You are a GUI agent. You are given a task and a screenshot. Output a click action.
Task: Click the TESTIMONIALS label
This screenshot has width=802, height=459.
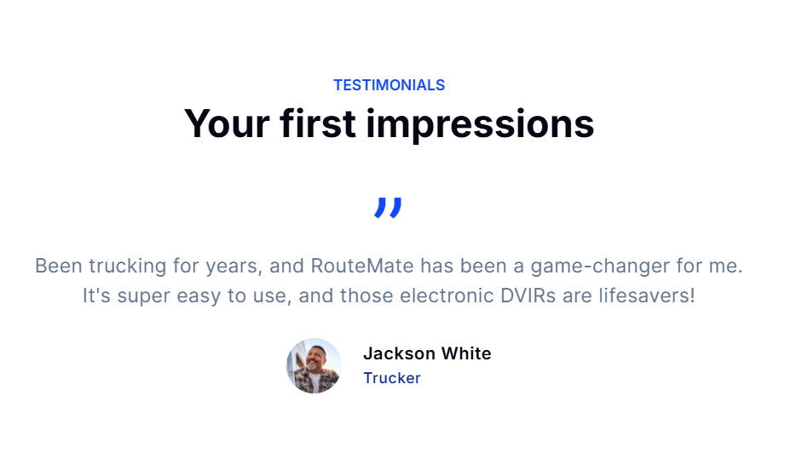tap(389, 85)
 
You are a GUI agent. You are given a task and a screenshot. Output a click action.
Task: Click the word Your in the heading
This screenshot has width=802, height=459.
tap(227, 123)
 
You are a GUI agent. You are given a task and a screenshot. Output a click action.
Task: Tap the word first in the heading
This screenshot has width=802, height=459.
tap(318, 123)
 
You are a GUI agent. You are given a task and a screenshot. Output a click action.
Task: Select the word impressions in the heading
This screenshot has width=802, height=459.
tap(480, 124)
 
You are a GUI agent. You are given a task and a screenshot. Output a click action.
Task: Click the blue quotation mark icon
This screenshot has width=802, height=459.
tap(388, 208)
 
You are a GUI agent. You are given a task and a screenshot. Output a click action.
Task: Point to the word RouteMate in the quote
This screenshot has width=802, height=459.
tap(362, 266)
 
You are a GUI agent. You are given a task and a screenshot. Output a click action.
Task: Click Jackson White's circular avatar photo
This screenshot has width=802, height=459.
tap(314, 365)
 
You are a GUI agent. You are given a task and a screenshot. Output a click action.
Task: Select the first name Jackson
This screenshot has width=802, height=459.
tap(400, 353)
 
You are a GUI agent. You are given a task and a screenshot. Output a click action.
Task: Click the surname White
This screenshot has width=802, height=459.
tap(466, 353)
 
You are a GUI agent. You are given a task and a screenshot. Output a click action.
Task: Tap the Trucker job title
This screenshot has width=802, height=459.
tap(392, 378)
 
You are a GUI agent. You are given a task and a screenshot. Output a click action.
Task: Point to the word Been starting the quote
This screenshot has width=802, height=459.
tap(59, 266)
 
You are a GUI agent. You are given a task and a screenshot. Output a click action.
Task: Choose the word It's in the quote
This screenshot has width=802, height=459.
tap(96, 295)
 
